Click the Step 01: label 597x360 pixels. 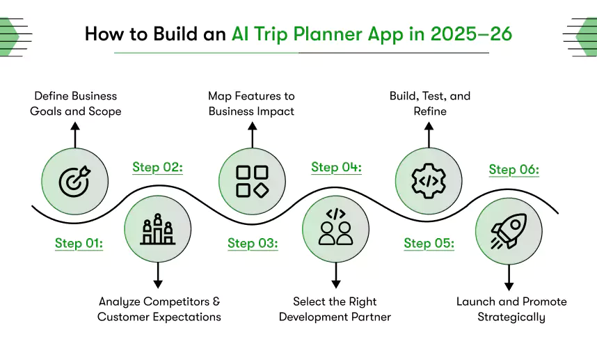point(79,243)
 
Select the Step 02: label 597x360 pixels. point(158,167)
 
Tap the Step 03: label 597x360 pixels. point(253,243)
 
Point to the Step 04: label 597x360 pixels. point(336,167)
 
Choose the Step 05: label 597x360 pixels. point(429,243)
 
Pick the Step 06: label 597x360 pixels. point(514,169)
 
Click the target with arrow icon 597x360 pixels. point(74,181)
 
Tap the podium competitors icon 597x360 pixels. point(157,230)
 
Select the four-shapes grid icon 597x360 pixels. point(252,181)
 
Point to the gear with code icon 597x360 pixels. point(429,181)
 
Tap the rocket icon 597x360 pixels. point(508,230)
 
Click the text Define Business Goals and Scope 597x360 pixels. point(75,103)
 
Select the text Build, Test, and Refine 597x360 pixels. point(429,103)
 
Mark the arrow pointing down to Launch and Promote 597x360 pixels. point(509,276)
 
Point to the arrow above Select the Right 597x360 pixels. point(335,275)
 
